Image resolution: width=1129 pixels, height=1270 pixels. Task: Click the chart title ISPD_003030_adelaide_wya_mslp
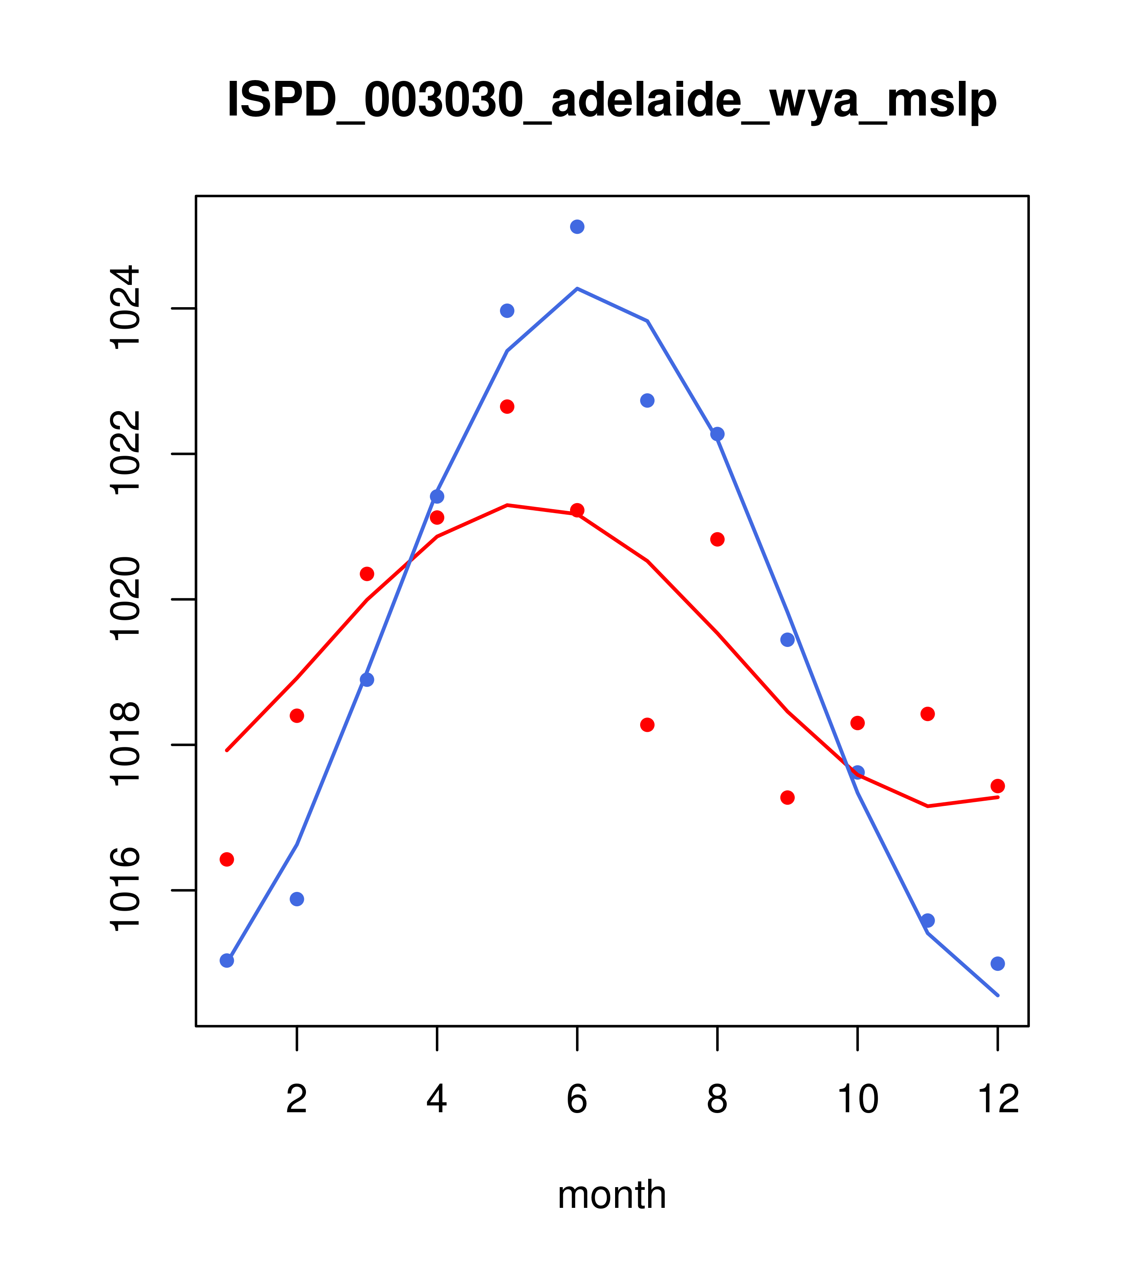tap(612, 101)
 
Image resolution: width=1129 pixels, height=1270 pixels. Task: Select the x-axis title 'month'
tap(612, 1194)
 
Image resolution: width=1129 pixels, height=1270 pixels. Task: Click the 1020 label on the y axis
tap(124, 599)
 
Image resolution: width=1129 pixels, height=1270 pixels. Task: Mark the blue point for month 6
tap(577, 227)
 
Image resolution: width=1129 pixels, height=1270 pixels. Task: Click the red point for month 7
tap(647, 725)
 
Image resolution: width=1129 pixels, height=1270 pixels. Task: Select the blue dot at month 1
tap(227, 960)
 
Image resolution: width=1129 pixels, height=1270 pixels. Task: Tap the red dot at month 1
tap(227, 859)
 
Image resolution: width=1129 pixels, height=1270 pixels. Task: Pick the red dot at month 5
tap(507, 406)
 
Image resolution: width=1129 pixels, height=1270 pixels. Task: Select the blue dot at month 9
tap(787, 640)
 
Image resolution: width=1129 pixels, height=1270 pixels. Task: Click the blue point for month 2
tap(297, 899)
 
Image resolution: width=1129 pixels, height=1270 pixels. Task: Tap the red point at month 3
tap(367, 574)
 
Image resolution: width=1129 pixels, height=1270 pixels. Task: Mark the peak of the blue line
tap(577, 288)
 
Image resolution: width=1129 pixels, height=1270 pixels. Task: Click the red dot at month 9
tap(787, 797)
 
